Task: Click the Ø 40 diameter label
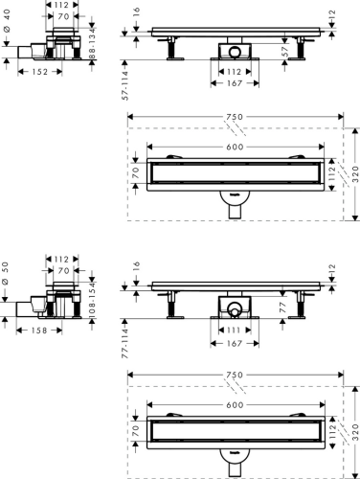[7, 36]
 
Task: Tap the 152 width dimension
[35, 70]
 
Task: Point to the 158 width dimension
[35, 330]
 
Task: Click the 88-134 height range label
[93, 45]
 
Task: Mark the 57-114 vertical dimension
[124, 84]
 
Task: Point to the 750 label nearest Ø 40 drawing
[235, 117]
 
